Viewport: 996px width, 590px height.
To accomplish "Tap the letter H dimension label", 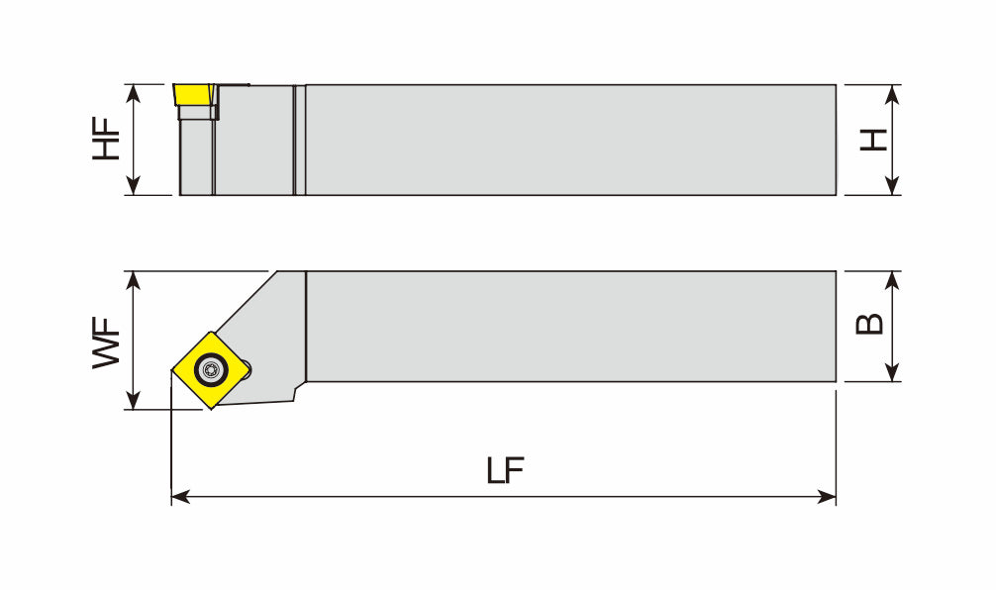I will pyautogui.click(x=872, y=140).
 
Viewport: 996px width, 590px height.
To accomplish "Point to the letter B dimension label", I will pyautogui.click(x=869, y=325).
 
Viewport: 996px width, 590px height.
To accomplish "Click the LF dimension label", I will pyautogui.click(x=505, y=470).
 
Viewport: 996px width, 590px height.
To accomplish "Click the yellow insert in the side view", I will pyautogui.click(x=195, y=97).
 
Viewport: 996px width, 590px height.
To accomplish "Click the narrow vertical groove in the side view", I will pyautogui.click(x=300, y=140).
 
